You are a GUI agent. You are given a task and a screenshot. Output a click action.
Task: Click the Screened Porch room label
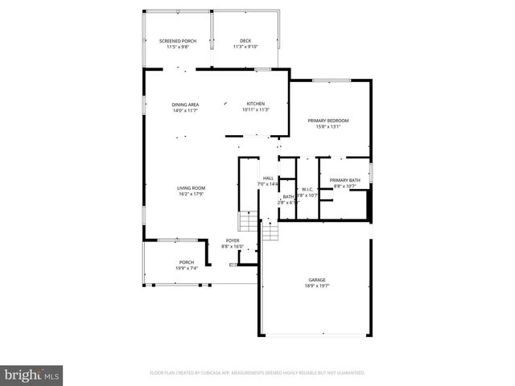tap(177, 41)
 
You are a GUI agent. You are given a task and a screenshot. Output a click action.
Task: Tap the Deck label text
tap(245, 41)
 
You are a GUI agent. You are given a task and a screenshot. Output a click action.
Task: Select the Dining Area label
tap(185, 105)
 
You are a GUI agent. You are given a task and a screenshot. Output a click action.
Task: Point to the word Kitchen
tap(255, 104)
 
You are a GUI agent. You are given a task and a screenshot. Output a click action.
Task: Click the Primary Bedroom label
tap(328, 121)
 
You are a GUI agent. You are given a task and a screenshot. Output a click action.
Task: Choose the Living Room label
tap(191, 188)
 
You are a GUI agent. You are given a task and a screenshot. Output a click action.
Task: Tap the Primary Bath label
tap(344, 180)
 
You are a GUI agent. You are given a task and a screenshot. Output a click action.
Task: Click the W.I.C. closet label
tap(307, 189)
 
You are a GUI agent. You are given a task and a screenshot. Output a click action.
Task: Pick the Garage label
tap(316, 280)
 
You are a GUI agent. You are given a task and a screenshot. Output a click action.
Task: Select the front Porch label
tap(187, 262)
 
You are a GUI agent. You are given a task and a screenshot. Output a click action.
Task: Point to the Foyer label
tap(233, 240)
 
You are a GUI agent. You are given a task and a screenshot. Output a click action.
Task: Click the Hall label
tap(268, 179)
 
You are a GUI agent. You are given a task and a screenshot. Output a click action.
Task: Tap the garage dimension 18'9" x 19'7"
tap(316, 286)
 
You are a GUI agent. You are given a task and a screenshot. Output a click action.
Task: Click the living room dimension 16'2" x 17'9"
tap(191, 194)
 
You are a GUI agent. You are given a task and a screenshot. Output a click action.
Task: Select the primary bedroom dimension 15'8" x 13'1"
tap(328, 126)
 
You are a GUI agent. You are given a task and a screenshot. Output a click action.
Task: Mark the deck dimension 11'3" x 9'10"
tap(245, 47)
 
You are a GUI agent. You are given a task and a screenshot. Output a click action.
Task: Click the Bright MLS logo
tap(32, 375)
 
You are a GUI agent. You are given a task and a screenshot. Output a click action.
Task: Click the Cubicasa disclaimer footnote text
tap(257, 372)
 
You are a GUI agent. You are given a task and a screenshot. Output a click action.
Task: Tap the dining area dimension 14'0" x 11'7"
tap(185, 110)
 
